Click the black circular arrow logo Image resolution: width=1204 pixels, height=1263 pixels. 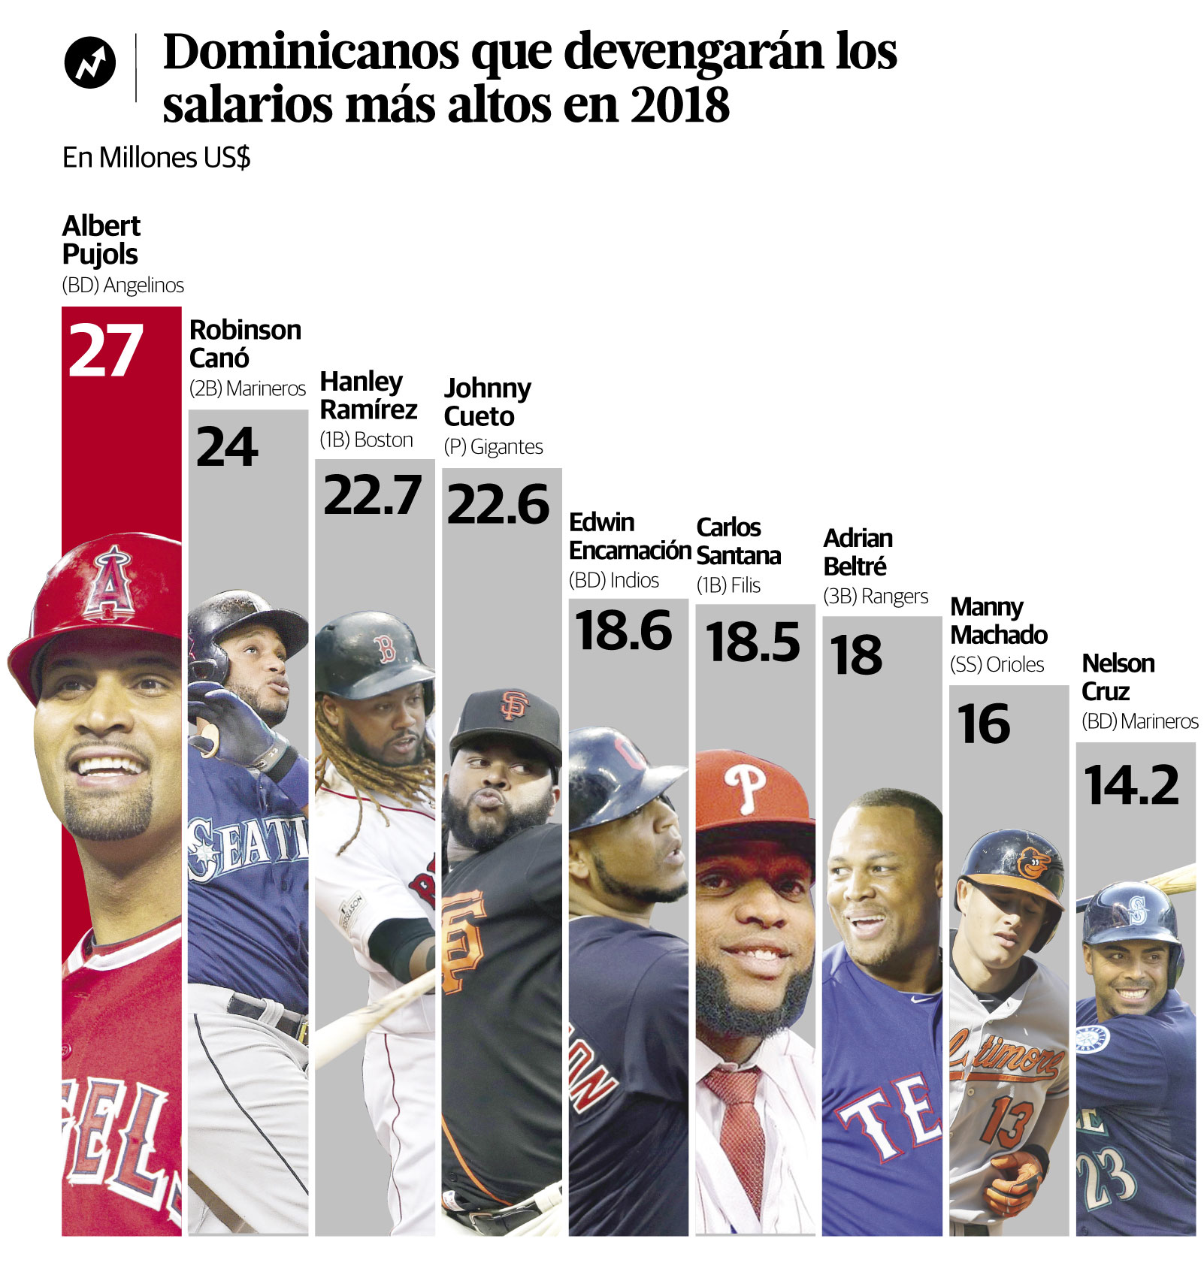click(90, 62)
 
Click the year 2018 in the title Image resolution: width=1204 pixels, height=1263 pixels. click(679, 104)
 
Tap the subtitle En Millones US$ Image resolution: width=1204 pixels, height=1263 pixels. click(156, 158)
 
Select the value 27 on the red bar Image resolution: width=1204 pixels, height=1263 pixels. click(105, 351)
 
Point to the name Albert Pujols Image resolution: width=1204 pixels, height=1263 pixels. click(101, 240)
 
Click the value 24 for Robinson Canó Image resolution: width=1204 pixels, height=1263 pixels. click(227, 447)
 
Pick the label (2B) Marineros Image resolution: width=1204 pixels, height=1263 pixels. click(247, 388)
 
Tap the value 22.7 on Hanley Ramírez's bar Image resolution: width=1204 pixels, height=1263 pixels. click(373, 495)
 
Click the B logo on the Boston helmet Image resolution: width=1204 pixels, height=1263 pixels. click(386, 648)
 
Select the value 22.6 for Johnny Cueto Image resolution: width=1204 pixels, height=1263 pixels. click(498, 504)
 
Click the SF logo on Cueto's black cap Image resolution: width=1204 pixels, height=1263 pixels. click(515, 705)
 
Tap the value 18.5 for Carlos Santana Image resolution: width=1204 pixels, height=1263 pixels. click(753, 642)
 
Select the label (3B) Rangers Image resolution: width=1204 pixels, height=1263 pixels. click(876, 597)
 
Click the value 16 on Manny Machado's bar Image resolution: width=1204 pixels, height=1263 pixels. click(983, 724)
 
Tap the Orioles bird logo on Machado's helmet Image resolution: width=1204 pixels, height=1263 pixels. click(1035, 863)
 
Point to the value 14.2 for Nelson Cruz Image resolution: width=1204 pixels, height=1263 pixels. click(1132, 785)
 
